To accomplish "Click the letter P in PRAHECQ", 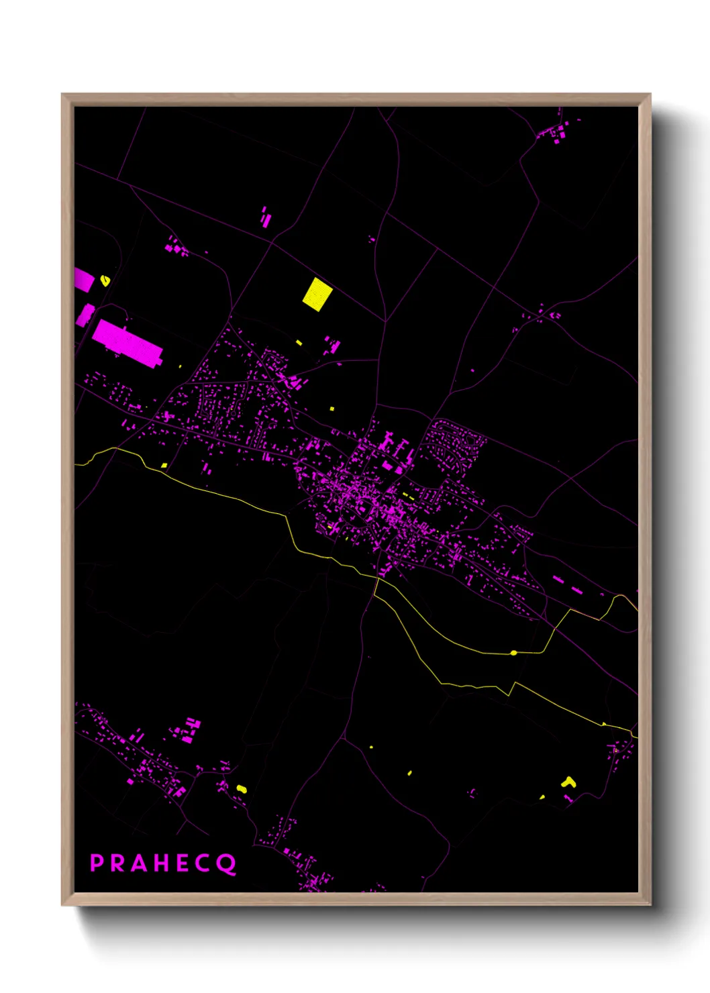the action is pyautogui.click(x=97, y=863).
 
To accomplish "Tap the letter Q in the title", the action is pyautogui.click(x=227, y=864).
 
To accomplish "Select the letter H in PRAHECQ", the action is pyautogui.click(x=161, y=863).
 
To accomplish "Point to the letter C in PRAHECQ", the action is pyautogui.click(x=204, y=863).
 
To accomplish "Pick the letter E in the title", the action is pyautogui.click(x=183, y=863).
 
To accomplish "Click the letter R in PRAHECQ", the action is pyautogui.click(x=118, y=863).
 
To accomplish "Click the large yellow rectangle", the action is pyautogui.click(x=317, y=294).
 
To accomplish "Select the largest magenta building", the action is pyautogui.click(x=128, y=343).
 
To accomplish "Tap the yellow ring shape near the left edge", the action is pyautogui.click(x=105, y=280).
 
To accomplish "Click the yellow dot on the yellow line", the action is pyautogui.click(x=513, y=652).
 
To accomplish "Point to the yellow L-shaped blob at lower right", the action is pyautogui.click(x=569, y=782).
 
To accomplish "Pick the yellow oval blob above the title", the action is pyautogui.click(x=242, y=788).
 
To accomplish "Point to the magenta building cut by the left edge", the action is pyautogui.click(x=83, y=279).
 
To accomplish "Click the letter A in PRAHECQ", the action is pyautogui.click(x=139, y=863).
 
